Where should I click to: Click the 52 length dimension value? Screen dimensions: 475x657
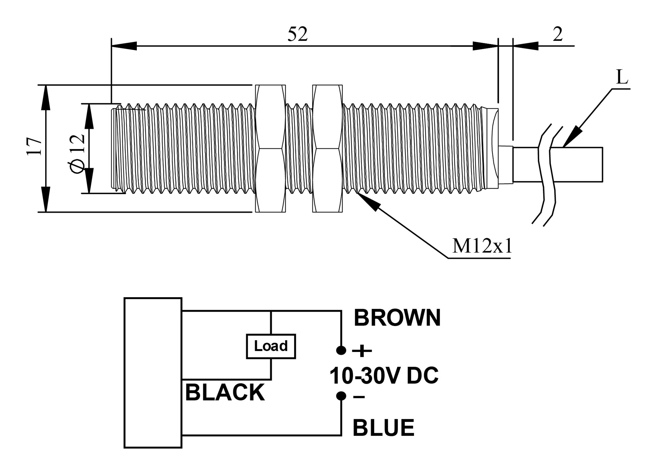coord(297,34)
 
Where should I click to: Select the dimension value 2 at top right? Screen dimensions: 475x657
coord(557,34)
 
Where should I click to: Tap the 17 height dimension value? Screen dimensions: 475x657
coord(35,146)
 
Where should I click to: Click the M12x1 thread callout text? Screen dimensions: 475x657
coord(482,246)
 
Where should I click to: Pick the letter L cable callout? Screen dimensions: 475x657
coord(622,77)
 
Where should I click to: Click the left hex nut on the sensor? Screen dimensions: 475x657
coord(270,148)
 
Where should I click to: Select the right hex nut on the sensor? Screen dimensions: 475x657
coord(327,148)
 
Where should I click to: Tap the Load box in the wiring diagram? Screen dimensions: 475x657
coord(271,346)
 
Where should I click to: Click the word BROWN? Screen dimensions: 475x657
coord(397,318)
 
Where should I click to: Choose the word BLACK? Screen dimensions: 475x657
coord(225,392)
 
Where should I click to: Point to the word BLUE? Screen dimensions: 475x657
coord(383,428)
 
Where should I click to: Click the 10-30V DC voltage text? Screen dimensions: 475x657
coord(384,375)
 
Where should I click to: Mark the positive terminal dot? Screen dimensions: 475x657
coord(341,350)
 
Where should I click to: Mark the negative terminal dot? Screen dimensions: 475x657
coord(341,396)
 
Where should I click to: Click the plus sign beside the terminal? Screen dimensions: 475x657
coord(362,351)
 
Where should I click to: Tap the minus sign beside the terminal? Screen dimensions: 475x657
coord(359,397)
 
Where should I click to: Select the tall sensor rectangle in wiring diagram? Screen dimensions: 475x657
coord(153,373)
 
